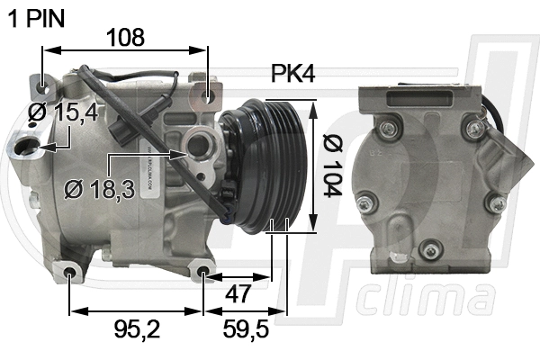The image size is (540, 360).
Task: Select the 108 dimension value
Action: coord(126,38)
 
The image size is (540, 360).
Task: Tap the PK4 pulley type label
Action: coord(292,75)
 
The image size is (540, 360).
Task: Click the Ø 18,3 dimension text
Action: coord(100,189)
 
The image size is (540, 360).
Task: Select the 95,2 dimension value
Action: coord(135,331)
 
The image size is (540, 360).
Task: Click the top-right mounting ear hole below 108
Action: coord(208,94)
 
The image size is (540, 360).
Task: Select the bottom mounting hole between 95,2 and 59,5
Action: coord(203,271)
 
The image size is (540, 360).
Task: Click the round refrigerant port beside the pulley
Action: coord(197,143)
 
